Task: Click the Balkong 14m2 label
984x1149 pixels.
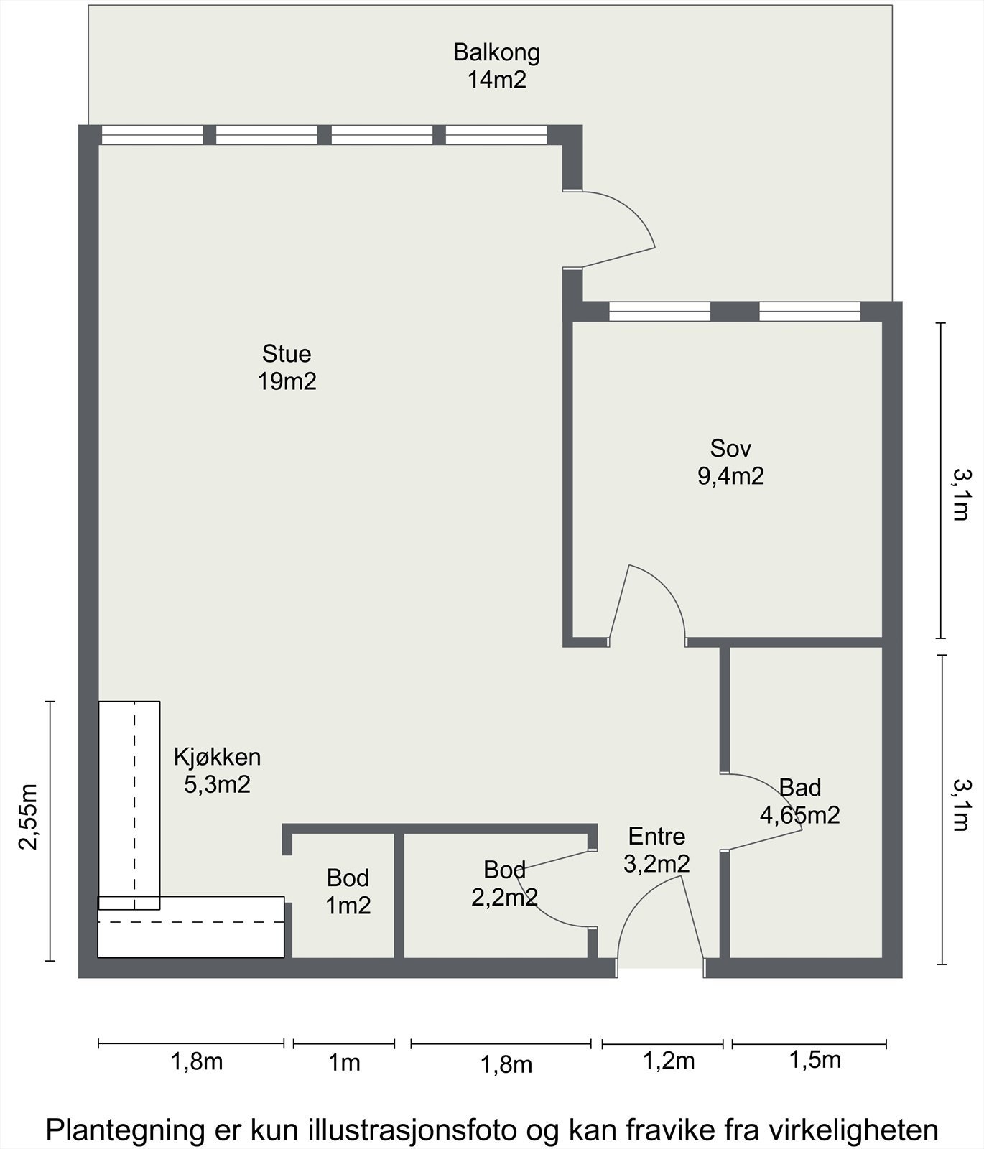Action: point(496,66)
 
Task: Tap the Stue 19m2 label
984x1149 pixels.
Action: point(287,367)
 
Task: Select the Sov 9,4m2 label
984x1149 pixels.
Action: point(730,462)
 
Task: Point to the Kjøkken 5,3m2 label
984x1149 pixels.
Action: point(217,770)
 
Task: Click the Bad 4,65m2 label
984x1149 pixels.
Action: point(800,801)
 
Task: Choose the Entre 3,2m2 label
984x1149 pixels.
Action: point(656,850)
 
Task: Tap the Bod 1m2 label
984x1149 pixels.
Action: point(348,891)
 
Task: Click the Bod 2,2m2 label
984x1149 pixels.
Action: point(504,883)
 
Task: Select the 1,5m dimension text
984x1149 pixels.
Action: point(815,1060)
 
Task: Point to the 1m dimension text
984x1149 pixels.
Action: point(344,1062)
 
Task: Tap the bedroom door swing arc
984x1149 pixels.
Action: point(664,589)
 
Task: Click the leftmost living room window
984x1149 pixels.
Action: point(152,135)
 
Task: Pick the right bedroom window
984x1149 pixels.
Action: point(809,311)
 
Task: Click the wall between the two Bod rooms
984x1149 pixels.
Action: point(399,896)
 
